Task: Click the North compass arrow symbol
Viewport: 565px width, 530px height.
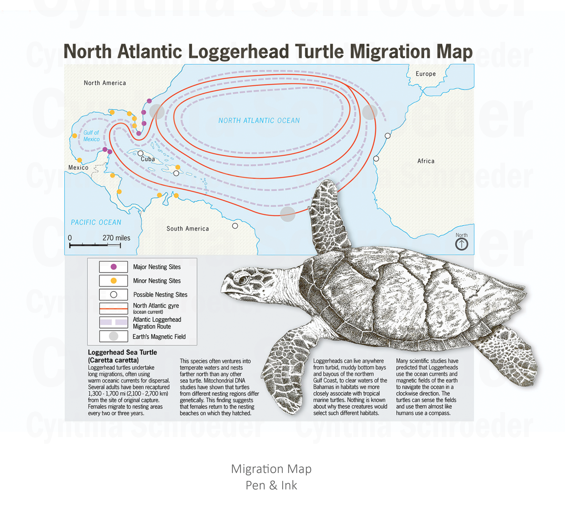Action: (x=461, y=244)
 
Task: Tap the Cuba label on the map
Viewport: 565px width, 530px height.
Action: (x=148, y=159)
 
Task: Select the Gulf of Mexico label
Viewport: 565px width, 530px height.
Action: (x=91, y=136)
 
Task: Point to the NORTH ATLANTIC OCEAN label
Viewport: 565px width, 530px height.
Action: (x=259, y=120)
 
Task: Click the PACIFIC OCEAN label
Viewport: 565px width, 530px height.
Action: (x=96, y=222)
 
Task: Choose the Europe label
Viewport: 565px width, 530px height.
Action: (x=426, y=74)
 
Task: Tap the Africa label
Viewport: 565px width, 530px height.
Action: (x=426, y=161)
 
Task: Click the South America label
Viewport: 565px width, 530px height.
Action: (x=188, y=228)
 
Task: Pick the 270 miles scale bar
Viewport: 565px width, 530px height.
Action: (x=95, y=245)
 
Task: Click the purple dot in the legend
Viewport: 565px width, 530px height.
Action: (x=113, y=266)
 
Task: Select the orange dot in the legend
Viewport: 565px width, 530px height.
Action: (x=113, y=280)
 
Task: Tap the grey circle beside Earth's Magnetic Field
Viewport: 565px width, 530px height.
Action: (x=113, y=336)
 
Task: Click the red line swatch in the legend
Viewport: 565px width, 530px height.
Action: (x=113, y=308)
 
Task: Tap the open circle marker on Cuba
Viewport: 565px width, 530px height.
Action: (x=140, y=153)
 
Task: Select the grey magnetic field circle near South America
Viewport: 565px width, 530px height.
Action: (x=288, y=214)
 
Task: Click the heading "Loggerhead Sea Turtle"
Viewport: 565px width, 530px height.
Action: (x=122, y=352)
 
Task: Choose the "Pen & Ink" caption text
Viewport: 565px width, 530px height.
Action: (x=271, y=485)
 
